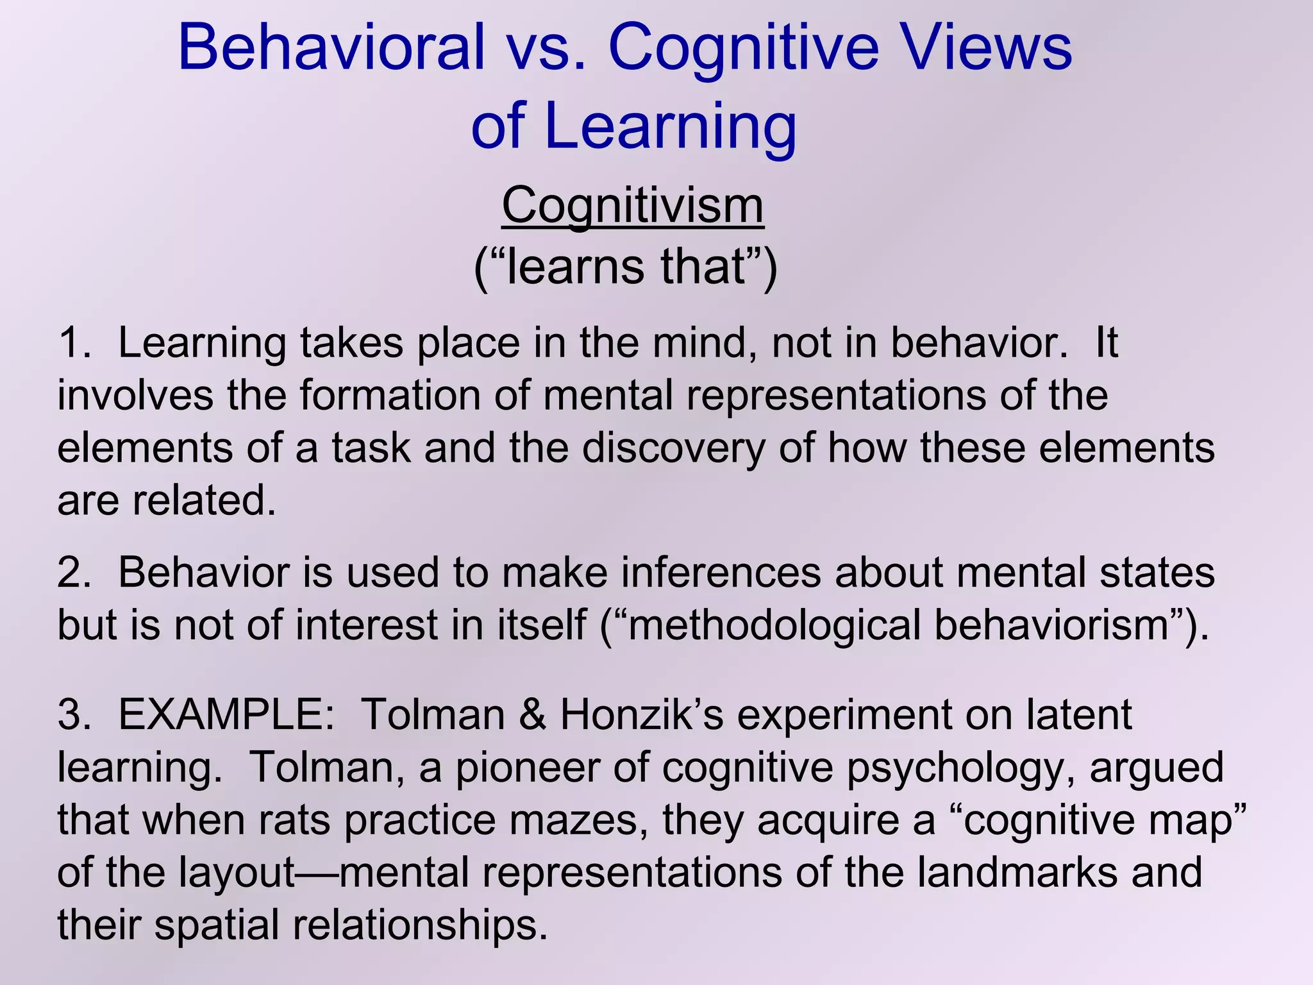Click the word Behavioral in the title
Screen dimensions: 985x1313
click(331, 47)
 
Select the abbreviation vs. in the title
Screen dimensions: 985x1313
click(546, 47)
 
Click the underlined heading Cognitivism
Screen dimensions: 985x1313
click(632, 206)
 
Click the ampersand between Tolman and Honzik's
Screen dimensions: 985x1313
click(532, 714)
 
